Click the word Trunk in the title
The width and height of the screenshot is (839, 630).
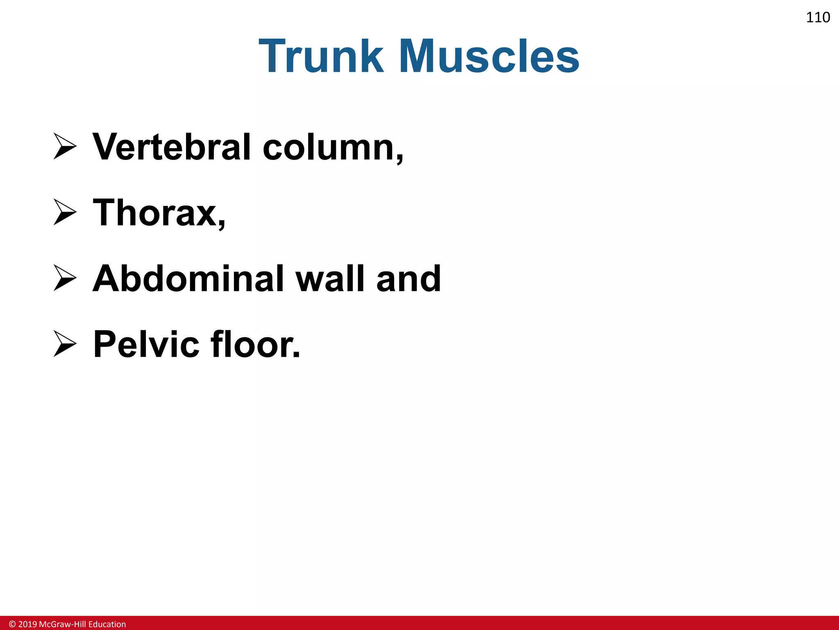[x=321, y=56]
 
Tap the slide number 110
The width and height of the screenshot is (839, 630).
[x=818, y=17]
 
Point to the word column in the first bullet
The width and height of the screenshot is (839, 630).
[x=330, y=148]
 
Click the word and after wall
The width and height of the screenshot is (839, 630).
[x=408, y=278]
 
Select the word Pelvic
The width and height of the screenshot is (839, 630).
[x=146, y=344]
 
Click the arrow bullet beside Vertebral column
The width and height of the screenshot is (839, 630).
[x=65, y=146]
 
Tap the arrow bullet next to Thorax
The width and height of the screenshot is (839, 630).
[x=65, y=212]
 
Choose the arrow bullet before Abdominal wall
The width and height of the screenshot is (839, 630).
[x=65, y=278]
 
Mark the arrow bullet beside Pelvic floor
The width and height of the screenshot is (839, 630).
[x=65, y=344]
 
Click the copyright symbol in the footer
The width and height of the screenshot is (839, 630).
[x=12, y=624]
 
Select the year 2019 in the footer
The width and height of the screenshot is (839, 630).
[x=27, y=624]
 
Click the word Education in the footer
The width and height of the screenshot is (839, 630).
[x=107, y=624]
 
